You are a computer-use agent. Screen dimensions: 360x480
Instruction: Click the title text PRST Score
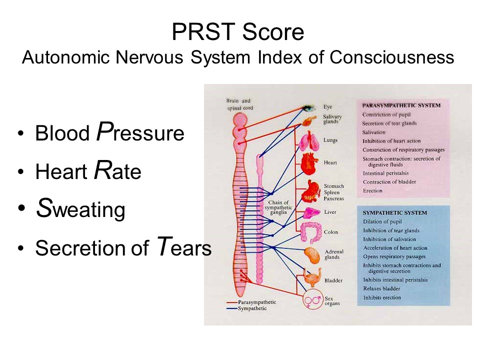237,32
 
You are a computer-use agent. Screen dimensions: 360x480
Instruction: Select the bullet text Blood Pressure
109,133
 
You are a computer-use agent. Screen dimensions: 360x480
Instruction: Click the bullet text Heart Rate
88,171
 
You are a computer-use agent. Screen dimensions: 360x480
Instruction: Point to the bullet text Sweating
80,210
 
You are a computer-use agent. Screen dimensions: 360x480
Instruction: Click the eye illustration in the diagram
309,107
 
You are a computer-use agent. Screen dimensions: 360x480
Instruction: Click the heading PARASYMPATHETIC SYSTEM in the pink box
401,105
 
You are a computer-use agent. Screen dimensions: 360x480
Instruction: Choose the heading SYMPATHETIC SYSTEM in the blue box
394,212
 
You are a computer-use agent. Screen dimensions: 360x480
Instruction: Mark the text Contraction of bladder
389,182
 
